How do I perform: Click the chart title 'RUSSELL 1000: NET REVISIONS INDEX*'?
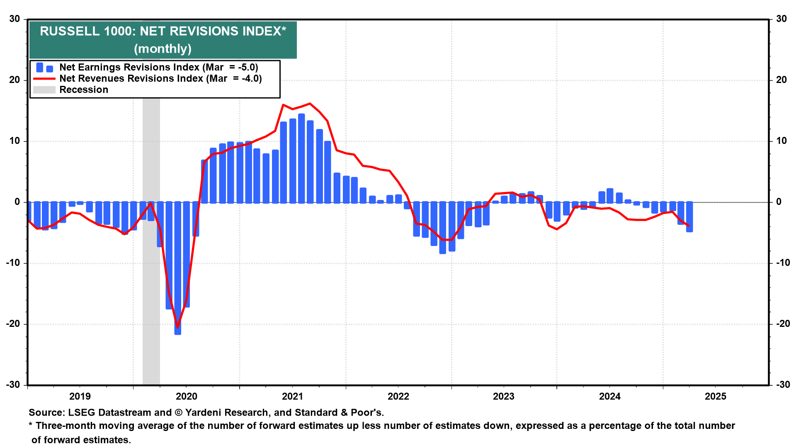[x=163, y=32]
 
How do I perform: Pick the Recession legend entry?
[x=83, y=90]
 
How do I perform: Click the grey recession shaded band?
[x=151, y=290]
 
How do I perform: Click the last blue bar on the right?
[x=689, y=217]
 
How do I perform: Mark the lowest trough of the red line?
[x=178, y=327]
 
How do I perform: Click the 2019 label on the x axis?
[x=80, y=397]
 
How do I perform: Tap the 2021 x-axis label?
[x=293, y=397]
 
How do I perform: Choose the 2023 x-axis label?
[x=504, y=397]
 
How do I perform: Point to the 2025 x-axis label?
[x=716, y=397]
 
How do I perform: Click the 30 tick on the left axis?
[x=15, y=19]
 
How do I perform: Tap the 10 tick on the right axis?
[x=781, y=141]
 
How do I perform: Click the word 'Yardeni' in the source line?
[x=204, y=413]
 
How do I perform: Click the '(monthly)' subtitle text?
[x=163, y=49]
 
